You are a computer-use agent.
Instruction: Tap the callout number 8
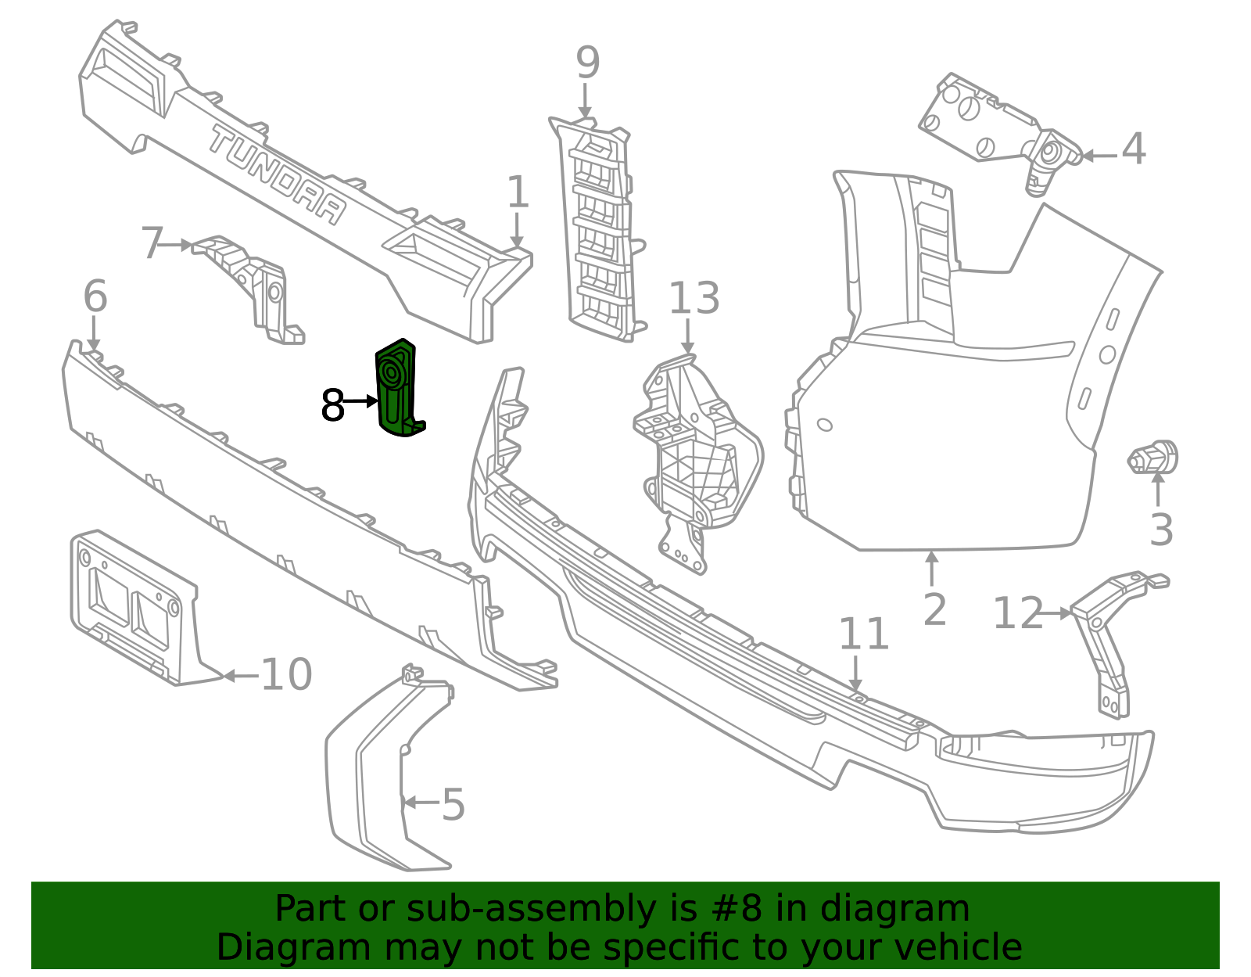pos(333,405)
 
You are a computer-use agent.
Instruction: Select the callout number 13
pos(694,298)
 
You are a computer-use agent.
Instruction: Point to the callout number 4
pos(1134,149)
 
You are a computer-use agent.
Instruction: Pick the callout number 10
pos(287,674)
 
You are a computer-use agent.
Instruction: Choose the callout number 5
pos(453,804)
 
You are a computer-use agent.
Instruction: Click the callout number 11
pos(863,634)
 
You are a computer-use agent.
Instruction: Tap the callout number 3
pos(1161,530)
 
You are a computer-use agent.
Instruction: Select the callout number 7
pos(152,243)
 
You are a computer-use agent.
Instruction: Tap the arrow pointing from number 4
pos(1099,156)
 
